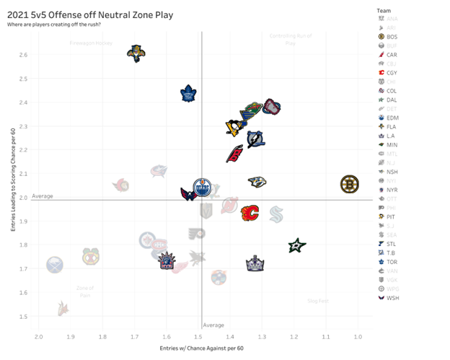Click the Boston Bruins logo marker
point(350,185)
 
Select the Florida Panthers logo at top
point(136,53)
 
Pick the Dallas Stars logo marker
point(296,246)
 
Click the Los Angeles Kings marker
point(255,264)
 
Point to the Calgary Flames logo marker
point(250,213)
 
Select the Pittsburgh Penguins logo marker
point(235,128)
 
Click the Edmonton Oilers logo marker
point(204,189)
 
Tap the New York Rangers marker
point(167,261)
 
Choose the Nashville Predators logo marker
point(257,182)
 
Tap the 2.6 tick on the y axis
point(24,55)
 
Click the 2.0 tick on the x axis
point(39,337)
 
